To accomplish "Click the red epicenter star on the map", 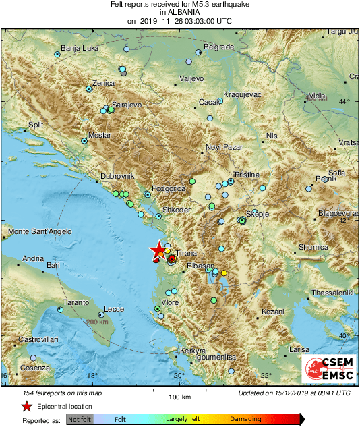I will pyautogui.click(x=158, y=250).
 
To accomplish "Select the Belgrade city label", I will pyautogui.click(x=218, y=47).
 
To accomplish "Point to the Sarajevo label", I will pyautogui.click(x=126, y=105).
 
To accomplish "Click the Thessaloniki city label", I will pyautogui.click(x=333, y=293).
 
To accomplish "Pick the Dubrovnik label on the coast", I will pyautogui.click(x=118, y=176).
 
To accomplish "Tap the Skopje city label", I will pyautogui.click(x=258, y=214).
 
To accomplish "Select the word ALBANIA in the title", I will pyautogui.click(x=179, y=12).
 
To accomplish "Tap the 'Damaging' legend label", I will pyautogui.click(x=246, y=419).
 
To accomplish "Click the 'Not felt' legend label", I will pyautogui.click(x=79, y=419).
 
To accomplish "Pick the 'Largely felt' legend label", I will pyautogui.click(x=185, y=419).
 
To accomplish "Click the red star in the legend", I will pyautogui.click(x=26, y=407).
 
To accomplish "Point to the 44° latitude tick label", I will pyautogui.click(x=345, y=101).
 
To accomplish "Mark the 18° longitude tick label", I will pyautogui.click(x=92, y=376).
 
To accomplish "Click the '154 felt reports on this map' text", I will pyautogui.click(x=53, y=393).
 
